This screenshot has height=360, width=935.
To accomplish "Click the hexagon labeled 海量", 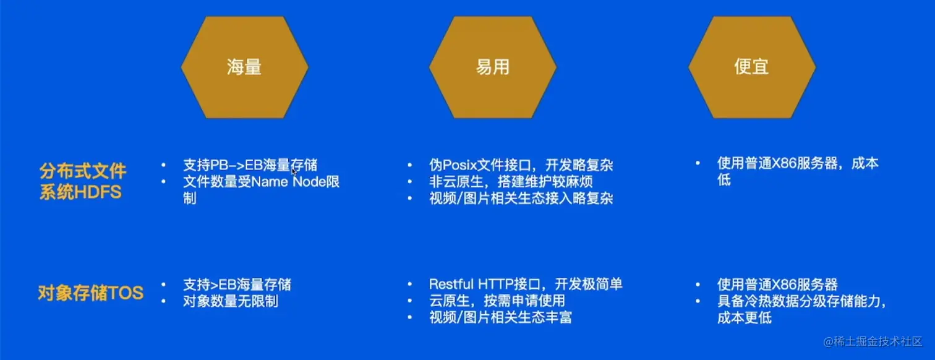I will click(244, 67).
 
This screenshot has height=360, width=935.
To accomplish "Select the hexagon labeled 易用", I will click(492, 67).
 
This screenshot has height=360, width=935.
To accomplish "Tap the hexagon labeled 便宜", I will click(751, 67).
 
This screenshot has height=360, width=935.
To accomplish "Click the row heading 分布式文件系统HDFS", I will click(82, 181).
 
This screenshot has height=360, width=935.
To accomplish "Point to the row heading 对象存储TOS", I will click(90, 293).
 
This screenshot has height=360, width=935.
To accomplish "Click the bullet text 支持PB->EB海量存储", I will click(250, 165).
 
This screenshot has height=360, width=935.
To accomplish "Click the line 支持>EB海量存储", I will click(237, 285).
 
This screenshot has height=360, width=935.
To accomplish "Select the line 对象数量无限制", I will click(230, 301).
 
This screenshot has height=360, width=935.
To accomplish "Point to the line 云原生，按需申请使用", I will click(497, 301).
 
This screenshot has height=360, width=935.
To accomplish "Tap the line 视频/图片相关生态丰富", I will click(500, 318).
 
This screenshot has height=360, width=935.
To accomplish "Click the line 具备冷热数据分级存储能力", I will click(801, 301).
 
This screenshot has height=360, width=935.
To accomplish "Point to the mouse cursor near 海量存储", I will click(294, 171).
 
